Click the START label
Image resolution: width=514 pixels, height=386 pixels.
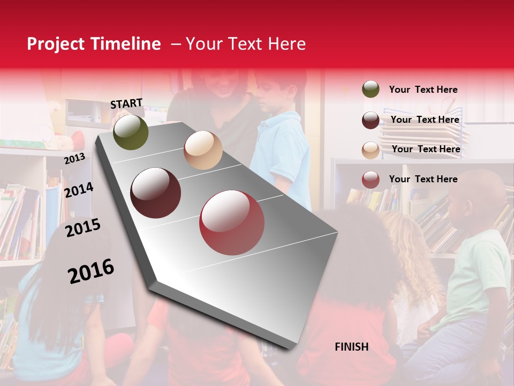coord(126,103)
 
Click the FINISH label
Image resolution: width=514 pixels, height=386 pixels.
coord(352,347)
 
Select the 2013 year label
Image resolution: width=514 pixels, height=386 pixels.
coord(74,159)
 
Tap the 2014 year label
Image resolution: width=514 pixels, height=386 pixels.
coord(79,190)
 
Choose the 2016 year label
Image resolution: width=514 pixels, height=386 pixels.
coord(91,271)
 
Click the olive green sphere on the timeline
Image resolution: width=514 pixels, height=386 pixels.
coord(131,132)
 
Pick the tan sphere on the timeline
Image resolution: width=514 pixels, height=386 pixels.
coord(203,150)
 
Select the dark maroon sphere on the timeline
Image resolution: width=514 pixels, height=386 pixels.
coord(156,193)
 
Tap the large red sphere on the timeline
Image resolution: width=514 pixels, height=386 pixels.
coord(232,222)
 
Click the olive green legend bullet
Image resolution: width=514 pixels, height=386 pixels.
coord(371,90)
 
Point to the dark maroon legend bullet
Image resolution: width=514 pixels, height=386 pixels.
coord(371,120)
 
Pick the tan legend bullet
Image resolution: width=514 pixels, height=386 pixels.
coord(371,150)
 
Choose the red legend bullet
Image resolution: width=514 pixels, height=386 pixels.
coord(371,180)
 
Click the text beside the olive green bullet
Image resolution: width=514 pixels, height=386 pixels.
coord(423,90)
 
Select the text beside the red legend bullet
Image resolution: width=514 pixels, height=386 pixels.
coord(423,179)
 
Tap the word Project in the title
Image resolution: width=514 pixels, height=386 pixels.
coord(56,44)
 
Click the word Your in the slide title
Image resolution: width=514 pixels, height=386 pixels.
coord(203,44)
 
